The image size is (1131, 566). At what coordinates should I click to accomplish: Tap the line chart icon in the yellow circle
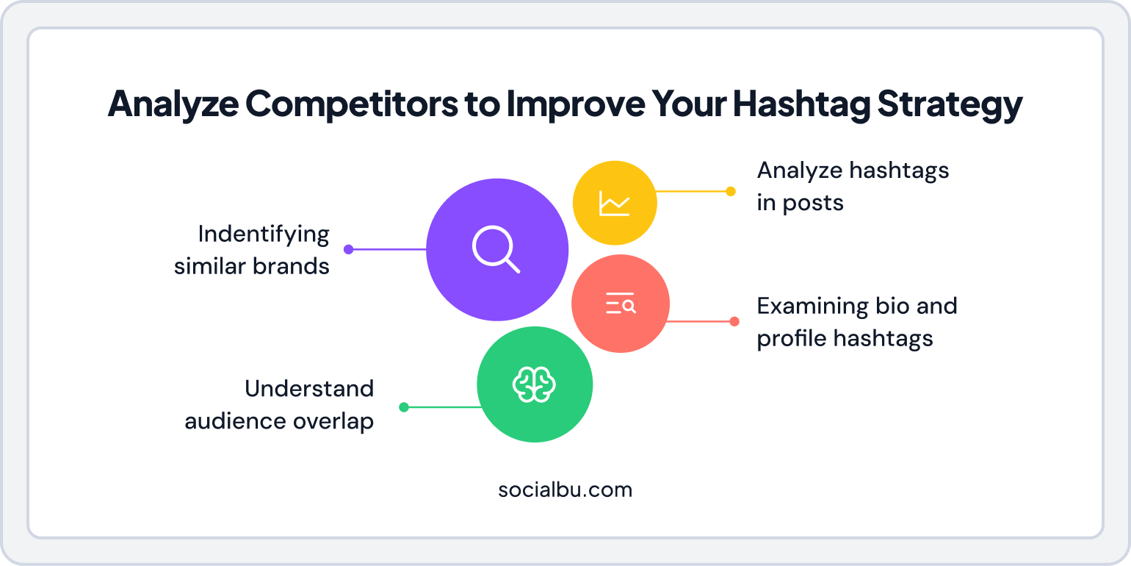coord(614,203)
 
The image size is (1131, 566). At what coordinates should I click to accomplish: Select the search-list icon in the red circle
coord(621,304)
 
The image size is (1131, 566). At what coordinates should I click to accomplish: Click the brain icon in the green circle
coord(535,384)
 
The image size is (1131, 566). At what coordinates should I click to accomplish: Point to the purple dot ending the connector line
coord(349,249)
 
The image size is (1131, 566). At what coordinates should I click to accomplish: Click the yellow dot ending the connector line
coord(730,191)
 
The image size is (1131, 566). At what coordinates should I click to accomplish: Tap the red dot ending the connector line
coord(734,321)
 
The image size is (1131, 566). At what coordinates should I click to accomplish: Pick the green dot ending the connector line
coord(403,407)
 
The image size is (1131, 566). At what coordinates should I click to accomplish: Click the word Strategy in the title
coord(950,104)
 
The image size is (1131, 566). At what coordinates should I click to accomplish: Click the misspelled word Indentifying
coord(264,234)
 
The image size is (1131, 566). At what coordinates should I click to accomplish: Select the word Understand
coord(309,388)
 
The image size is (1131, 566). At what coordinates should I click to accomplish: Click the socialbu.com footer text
coord(565,490)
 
